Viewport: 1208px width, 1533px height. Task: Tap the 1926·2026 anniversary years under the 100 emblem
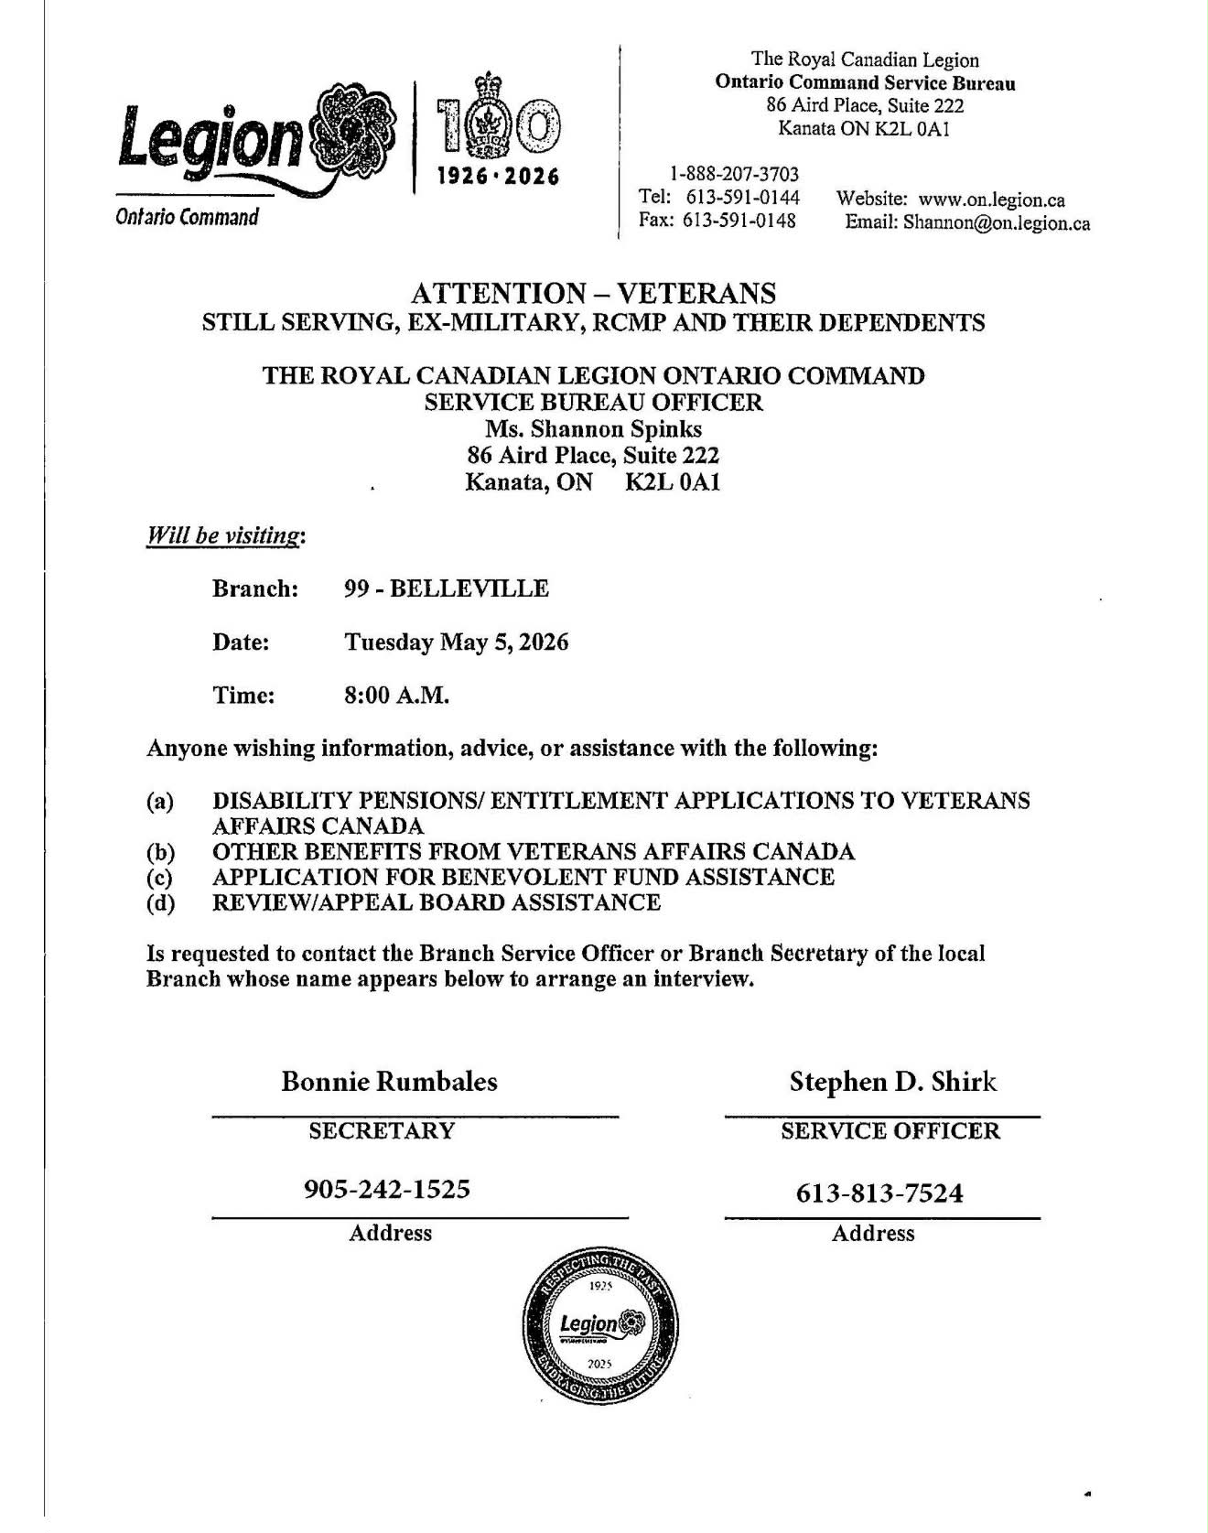499,176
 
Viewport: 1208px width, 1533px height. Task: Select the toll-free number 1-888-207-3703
734,174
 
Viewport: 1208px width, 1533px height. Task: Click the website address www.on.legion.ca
991,200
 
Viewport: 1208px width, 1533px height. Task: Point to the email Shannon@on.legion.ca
997,222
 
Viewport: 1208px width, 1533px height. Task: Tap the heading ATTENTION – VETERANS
593,294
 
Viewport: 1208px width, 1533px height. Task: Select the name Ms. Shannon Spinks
593,429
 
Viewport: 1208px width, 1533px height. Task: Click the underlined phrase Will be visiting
223,535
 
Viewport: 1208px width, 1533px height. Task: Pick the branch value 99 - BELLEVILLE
446,588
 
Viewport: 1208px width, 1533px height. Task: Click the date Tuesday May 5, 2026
456,642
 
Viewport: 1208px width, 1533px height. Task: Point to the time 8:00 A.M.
396,696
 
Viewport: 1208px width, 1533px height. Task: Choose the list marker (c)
160,878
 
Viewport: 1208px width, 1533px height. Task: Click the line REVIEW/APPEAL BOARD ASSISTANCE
436,903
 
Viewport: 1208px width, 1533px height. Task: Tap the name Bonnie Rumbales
389,1082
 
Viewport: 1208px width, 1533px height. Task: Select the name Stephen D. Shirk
892,1082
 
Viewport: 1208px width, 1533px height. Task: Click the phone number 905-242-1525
386,1189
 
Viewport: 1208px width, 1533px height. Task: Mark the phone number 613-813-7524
879,1193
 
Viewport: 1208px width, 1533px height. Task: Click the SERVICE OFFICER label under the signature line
890,1131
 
